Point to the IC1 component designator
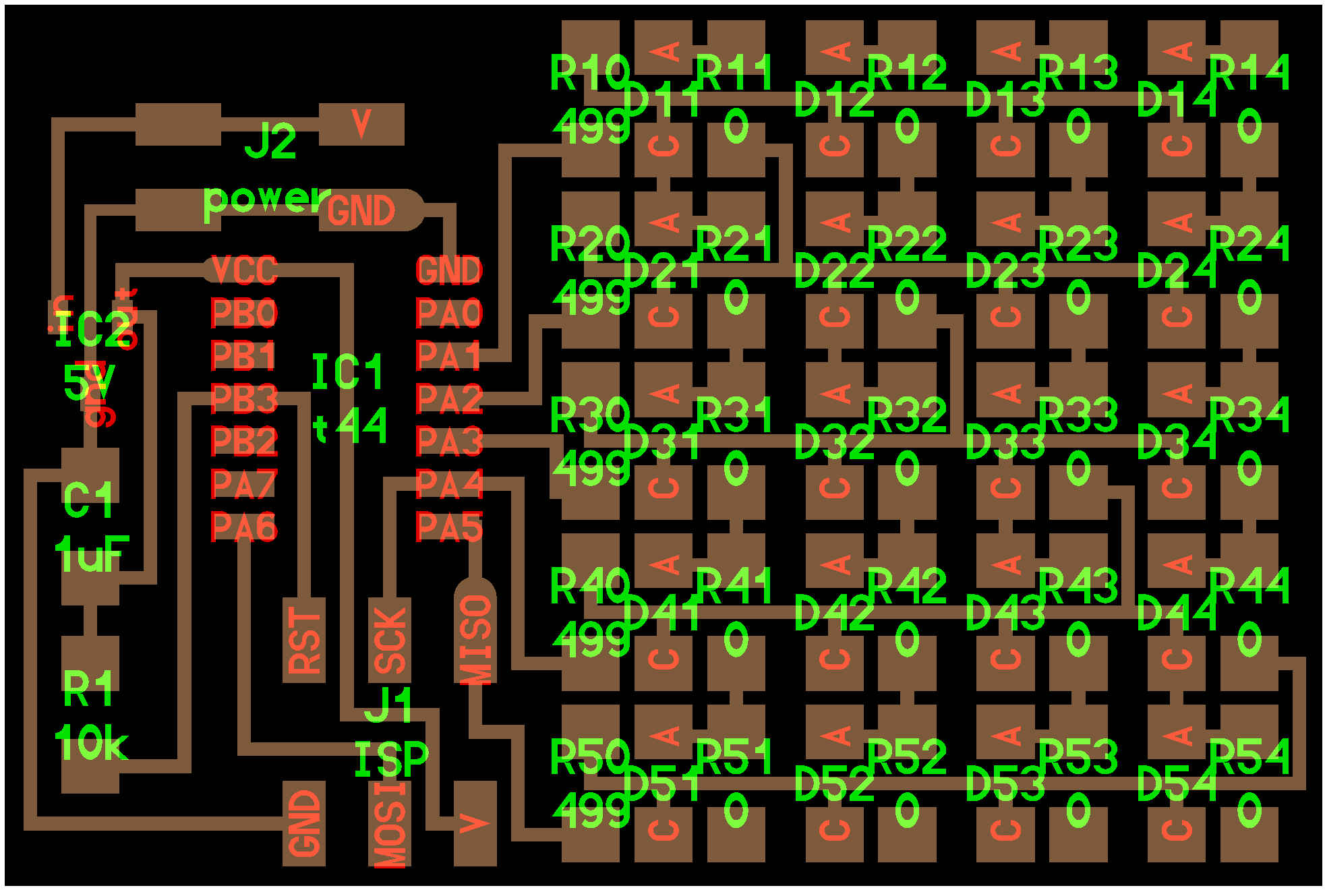point(347,373)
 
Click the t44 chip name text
point(350,426)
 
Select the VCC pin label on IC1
point(244,270)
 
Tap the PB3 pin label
point(244,398)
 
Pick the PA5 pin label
point(449,527)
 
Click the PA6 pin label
point(244,527)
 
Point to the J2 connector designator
point(270,142)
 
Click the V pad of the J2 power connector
point(361,124)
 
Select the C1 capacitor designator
point(88,500)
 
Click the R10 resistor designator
point(590,72)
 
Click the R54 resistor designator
point(1249,756)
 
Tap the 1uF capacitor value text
point(92,554)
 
